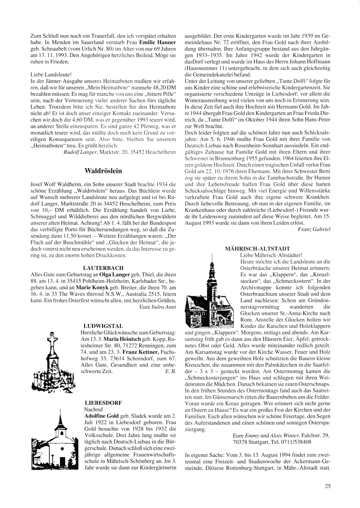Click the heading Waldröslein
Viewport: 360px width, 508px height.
pyautogui.click(x=103, y=171)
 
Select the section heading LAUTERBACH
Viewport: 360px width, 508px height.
pyautogui.click(x=103, y=268)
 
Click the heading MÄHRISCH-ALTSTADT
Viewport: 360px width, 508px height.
pyautogui.click(x=258, y=249)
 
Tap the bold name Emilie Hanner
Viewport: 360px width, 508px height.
pyautogui.click(x=159, y=42)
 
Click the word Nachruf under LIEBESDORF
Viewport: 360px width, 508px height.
pyautogui.click(x=93, y=409)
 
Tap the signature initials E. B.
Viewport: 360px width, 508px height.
pyautogui.click(x=171, y=371)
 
